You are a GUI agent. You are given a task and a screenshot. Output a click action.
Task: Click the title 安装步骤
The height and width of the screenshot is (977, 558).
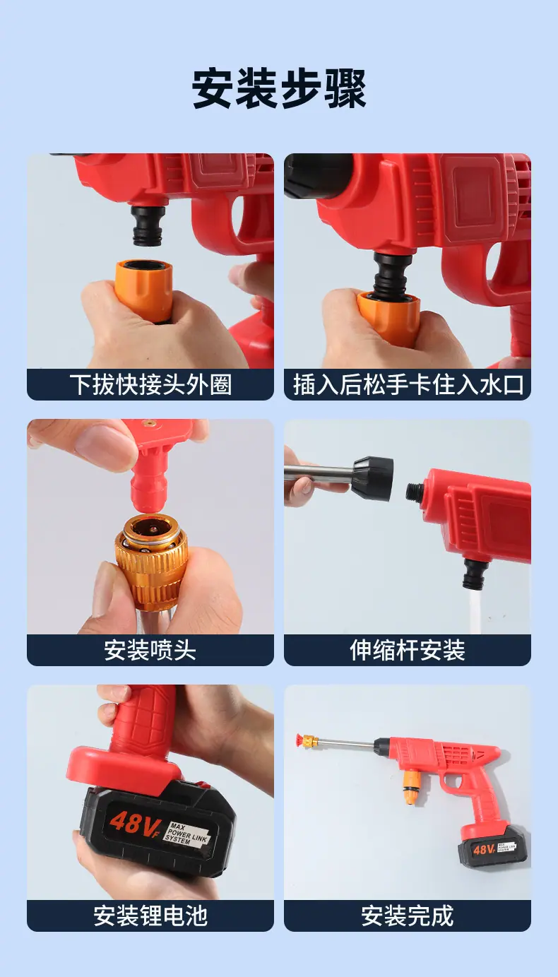279,88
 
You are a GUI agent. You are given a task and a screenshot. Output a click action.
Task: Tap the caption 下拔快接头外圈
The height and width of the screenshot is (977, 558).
150,385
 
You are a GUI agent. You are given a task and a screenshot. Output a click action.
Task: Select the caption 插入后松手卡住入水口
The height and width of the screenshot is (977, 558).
408,385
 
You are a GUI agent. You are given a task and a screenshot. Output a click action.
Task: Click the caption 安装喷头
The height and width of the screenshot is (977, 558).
150,651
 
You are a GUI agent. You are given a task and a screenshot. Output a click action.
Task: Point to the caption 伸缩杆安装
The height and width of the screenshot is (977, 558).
408,651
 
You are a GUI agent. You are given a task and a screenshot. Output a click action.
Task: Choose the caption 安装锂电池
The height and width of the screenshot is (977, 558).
150,916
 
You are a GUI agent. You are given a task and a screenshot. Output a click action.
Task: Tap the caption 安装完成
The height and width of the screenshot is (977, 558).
408,916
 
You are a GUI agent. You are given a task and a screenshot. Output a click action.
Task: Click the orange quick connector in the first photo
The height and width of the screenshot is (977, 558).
143,291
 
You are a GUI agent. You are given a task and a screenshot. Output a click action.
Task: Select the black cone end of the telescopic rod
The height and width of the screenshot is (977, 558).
373,478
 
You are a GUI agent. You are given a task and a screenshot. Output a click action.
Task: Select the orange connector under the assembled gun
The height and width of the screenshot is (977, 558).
410,788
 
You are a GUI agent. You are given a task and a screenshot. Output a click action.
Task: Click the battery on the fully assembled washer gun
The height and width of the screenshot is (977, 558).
492,846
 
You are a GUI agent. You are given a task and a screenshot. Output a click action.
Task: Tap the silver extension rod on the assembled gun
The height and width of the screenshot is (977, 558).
347,742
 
